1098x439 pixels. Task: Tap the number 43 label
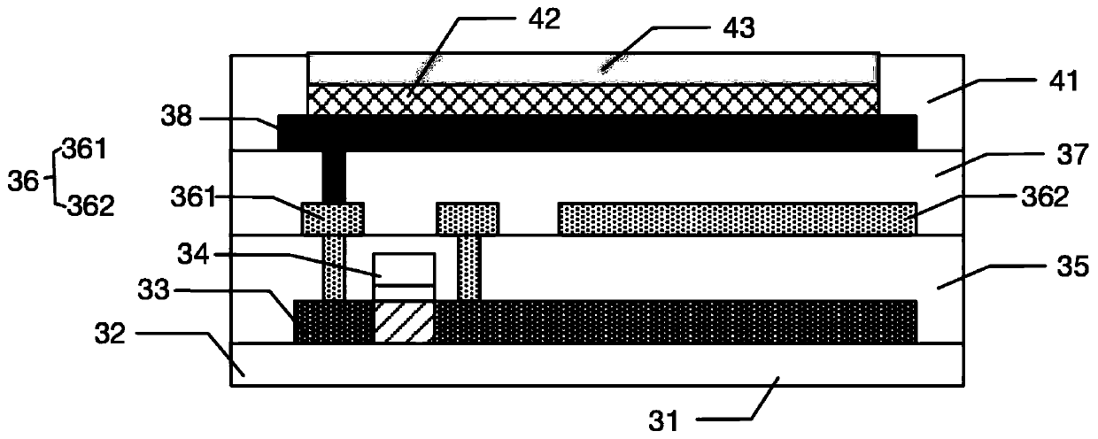pos(738,28)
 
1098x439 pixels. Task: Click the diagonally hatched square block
pos(404,321)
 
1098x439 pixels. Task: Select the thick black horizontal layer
pos(598,132)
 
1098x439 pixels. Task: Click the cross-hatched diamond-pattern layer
pos(593,98)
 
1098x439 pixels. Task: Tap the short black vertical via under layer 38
pos(334,176)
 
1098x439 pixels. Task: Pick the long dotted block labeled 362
pos(738,219)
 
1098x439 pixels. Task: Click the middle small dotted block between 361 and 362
pos(468,219)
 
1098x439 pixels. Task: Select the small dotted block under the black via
pos(332,219)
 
